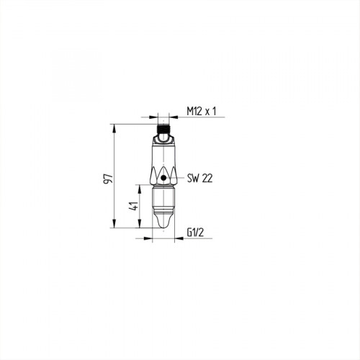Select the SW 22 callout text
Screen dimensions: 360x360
point(199,177)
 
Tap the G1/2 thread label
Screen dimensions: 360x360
point(197,233)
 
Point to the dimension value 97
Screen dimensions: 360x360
point(108,178)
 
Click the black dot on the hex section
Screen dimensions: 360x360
point(165,177)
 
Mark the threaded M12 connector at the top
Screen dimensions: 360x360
point(165,132)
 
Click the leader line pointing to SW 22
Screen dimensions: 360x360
point(176,177)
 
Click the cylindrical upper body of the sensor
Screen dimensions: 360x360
point(165,155)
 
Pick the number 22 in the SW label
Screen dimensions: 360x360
point(207,177)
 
